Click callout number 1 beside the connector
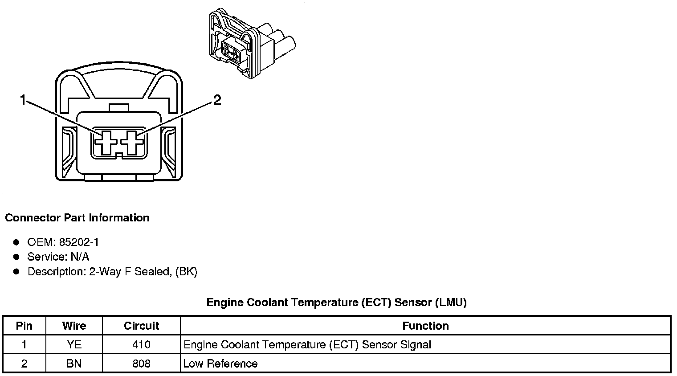click(x=23, y=100)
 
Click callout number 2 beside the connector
click(x=217, y=100)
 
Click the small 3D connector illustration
click(x=252, y=44)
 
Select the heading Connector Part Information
click(x=77, y=217)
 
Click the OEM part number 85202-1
click(x=79, y=242)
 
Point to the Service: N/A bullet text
click(x=58, y=257)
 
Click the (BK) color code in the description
click(x=186, y=271)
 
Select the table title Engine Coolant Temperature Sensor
click(x=336, y=302)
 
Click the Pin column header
click(x=24, y=326)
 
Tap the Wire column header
click(x=74, y=326)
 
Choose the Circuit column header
click(x=142, y=326)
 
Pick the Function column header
click(x=425, y=326)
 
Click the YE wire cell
click(x=74, y=344)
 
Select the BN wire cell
click(x=74, y=364)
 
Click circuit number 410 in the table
click(x=142, y=344)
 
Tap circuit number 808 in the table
click(x=142, y=364)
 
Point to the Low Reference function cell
click(x=220, y=364)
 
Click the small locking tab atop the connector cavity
click(x=119, y=108)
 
